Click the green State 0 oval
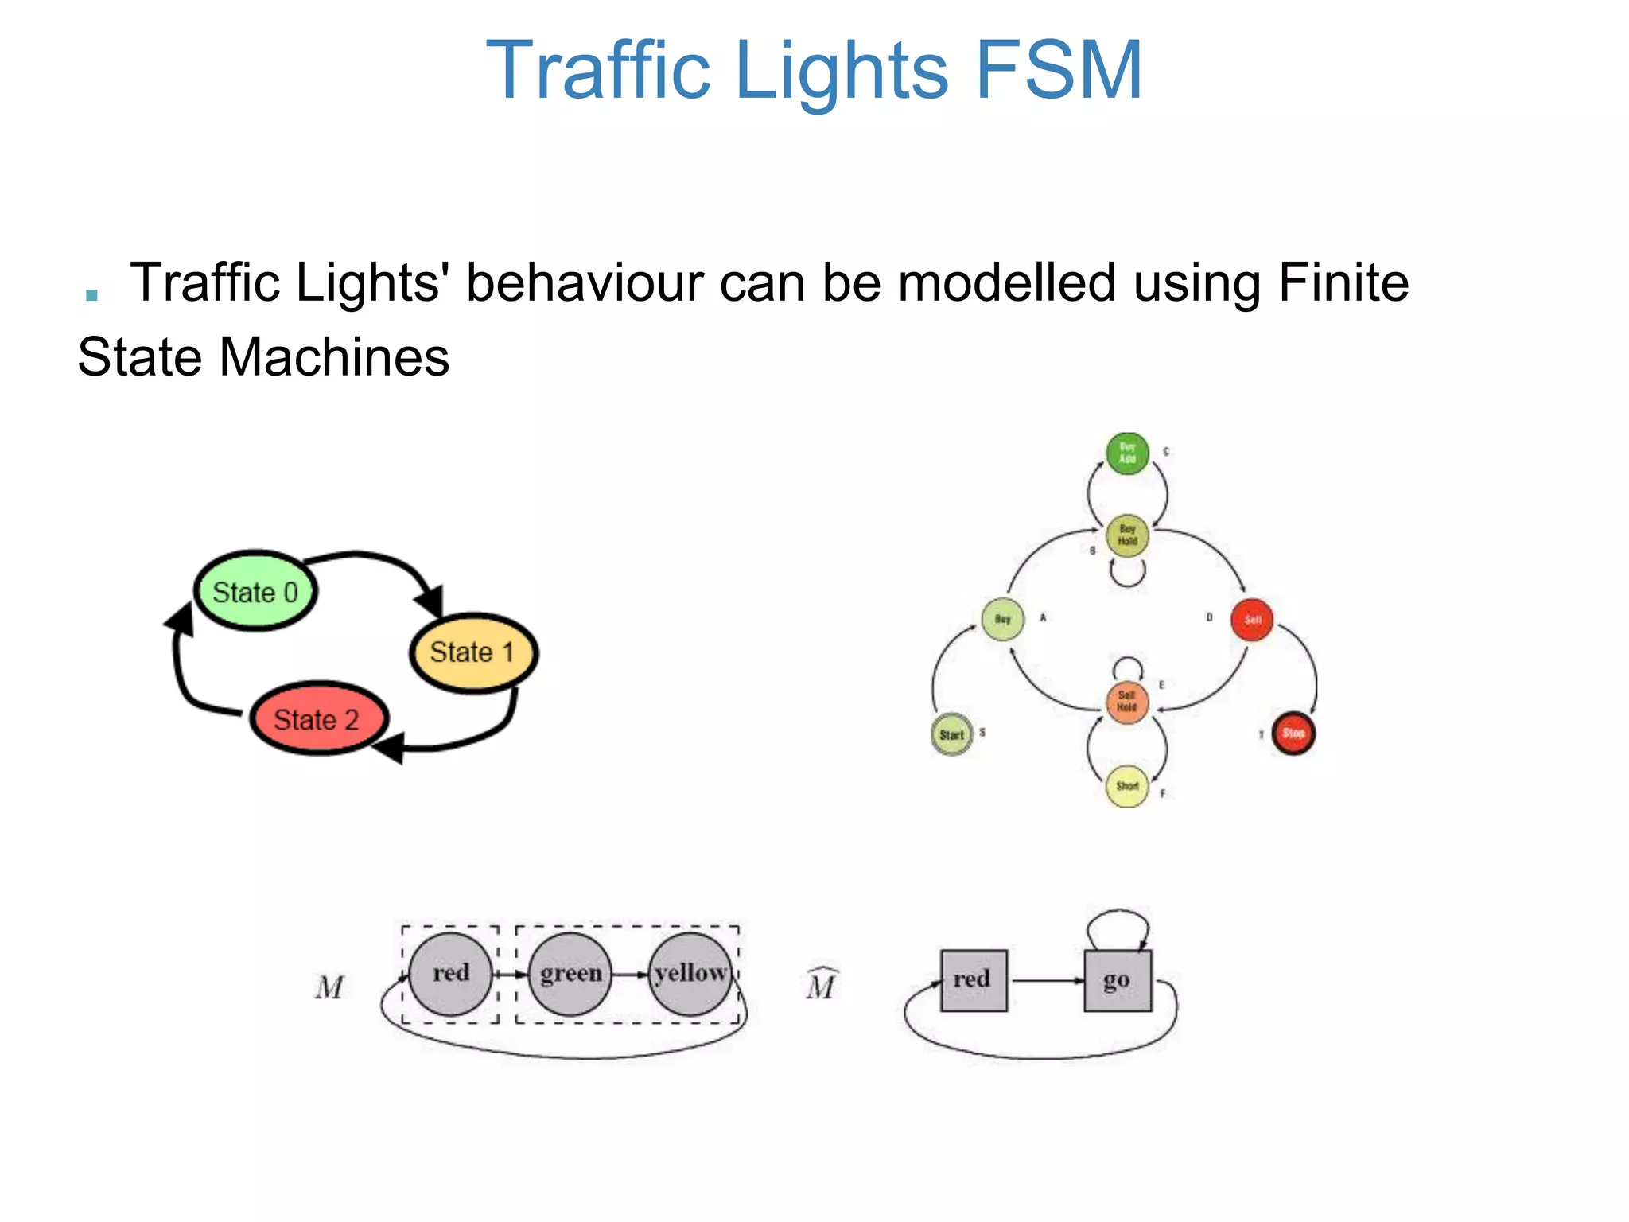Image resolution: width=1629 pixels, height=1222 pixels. pos(255,591)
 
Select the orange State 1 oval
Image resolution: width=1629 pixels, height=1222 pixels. pos(473,652)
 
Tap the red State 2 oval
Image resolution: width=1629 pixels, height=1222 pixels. pos(317,719)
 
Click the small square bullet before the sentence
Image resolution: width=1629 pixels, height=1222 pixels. pos(91,295)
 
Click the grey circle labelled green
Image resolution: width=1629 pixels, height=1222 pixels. pos(570,974)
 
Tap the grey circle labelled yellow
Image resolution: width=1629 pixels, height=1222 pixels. pos(690,974)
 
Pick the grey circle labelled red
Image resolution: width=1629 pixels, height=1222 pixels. pos(450,974)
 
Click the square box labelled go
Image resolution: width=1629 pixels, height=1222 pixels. pos(1117,980)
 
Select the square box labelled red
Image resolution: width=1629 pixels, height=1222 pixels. pos(973,980)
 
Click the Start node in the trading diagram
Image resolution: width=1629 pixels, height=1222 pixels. pos(951,734)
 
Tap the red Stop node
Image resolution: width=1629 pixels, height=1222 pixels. pos(1293,734)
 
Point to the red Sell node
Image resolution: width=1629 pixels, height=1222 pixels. pos(1252,620)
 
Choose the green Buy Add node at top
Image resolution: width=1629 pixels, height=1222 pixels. pos(1127,453)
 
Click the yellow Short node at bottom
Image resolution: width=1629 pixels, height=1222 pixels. pos(1127,786)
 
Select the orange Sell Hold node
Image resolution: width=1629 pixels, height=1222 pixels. pos(1127,702)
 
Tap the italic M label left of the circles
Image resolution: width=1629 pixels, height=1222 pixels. pos(329,987)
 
